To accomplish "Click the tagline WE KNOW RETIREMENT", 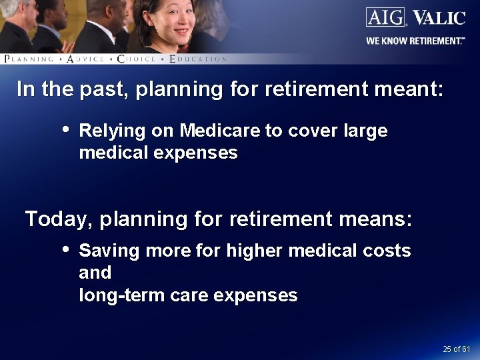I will point(415,41).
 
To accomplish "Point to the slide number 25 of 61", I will point(456,349).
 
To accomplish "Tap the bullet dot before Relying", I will point(65,129).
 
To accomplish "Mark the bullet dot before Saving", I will point(65,249).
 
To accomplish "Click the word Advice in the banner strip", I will point(86,59).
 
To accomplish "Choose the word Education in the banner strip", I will point(198,59).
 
